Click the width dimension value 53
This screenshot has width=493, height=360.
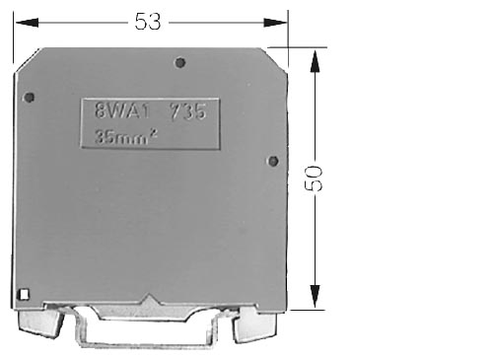(148, 22)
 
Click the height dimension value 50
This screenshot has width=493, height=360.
(315, 179)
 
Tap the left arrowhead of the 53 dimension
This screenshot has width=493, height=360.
(27, 23)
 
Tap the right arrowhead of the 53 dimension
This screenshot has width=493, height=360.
(275, 23)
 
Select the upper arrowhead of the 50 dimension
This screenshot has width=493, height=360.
(315, 61)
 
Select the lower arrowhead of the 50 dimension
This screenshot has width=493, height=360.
(315, 296)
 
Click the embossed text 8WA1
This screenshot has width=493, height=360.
(122, 110)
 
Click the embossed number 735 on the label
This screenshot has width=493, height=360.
(188, 111)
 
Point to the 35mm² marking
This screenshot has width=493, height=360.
(126, 136)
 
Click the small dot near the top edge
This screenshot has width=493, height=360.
(179, 62)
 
